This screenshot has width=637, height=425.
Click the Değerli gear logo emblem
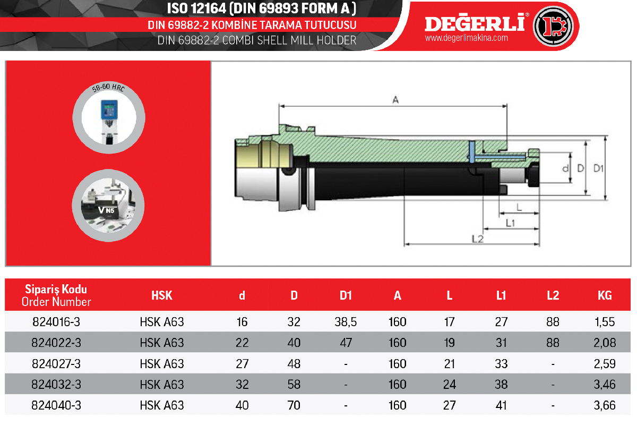click(553, 26)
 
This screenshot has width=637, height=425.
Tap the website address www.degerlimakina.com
click(467, 38)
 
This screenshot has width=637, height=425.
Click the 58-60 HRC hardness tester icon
click(109, 117)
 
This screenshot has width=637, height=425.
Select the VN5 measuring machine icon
click(108, 205)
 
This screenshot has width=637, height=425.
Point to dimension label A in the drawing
click(395, 100)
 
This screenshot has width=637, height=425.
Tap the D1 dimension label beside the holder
click(598, 168)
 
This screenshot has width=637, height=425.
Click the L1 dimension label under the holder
click(511, 223)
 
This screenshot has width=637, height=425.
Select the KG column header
click(605, 295)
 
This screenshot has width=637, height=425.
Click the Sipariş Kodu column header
click(56, 289)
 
